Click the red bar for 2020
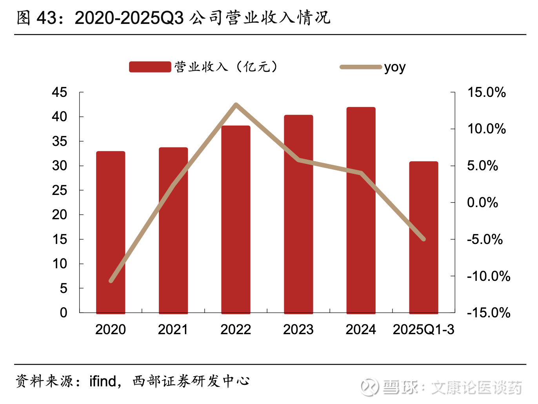point(111,232)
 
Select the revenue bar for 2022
point(236,220)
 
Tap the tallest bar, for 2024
point(361,210)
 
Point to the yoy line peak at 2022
point(236,105)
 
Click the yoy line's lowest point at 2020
point(111,280)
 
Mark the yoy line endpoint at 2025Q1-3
point(423,239)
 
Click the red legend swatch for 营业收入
point(150,67)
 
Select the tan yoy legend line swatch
point(361,67)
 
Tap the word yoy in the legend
point(395,67)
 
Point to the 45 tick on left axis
point(60,93)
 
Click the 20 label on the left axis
point(60,215)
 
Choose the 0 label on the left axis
point(64,313)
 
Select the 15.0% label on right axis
point(486,93)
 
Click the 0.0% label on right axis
point(482,203)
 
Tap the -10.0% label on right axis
point(488,276)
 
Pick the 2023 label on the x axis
point(298,329)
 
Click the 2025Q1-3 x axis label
point(423,329)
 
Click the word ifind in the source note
point(103,381)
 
